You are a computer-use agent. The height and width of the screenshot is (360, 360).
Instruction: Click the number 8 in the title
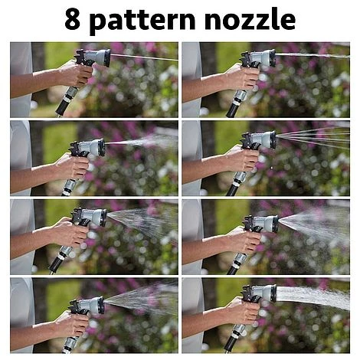[72, 19]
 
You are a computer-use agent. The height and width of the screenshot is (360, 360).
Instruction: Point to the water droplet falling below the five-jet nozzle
[271, 168]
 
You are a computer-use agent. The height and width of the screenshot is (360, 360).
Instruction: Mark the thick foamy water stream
[313, 296]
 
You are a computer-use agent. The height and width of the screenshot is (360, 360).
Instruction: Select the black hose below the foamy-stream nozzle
[230, 343]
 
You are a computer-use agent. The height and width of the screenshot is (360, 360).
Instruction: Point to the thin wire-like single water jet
[144, 57]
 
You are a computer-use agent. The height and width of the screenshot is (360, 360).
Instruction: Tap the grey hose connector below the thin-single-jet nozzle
[70, 94]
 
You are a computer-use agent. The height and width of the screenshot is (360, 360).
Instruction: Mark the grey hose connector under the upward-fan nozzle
[70, 342]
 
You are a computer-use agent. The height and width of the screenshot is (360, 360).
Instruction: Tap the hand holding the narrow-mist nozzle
[72, 166]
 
